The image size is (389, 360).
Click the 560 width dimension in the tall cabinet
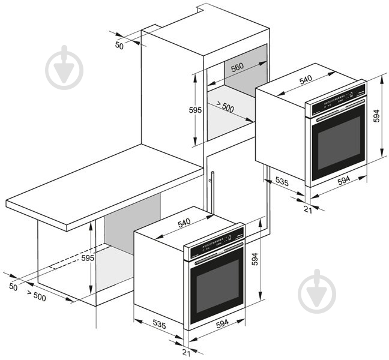(x=237, y=68)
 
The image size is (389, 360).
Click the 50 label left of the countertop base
(x=13, y=287)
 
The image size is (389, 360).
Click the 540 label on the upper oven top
(x=306, y=79)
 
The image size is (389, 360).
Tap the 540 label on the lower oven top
(x=184, y=222)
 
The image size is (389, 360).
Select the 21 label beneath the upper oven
(x=308, y=208)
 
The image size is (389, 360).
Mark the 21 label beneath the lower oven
(x=185, y=352)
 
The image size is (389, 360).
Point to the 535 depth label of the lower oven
(x=159, y=324)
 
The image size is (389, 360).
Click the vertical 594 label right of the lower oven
(x=256, y=259)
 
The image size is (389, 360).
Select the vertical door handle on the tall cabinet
(x=212, y=192)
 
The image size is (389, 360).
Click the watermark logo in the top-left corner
(x=64, y=67)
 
